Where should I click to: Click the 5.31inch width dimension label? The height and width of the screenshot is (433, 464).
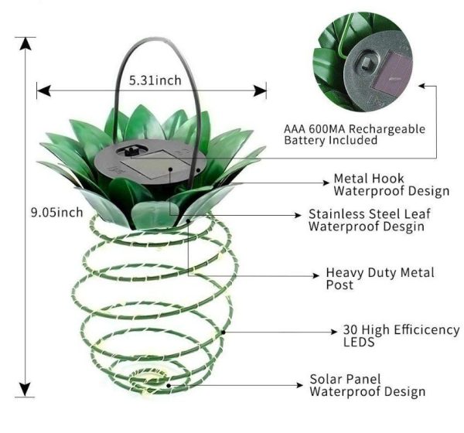[155, 80]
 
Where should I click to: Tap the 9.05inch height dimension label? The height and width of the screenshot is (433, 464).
[56, 212]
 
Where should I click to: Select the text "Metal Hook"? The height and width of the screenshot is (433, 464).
[369, 179]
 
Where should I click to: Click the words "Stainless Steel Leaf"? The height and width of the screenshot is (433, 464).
[370, 213]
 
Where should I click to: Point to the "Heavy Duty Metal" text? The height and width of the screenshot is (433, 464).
[380, 273]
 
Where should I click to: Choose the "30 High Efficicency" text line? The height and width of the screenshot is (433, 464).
[401, 329]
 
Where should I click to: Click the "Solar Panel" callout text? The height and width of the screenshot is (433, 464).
[346, 379]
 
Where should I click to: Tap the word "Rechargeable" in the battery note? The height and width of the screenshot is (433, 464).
[387, 129]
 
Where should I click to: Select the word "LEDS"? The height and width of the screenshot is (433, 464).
[359, 342]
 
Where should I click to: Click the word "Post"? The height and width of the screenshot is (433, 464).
[339, 285]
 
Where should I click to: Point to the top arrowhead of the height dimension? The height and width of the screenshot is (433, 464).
[26, 44]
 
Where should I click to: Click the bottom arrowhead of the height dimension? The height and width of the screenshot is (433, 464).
[26, 390]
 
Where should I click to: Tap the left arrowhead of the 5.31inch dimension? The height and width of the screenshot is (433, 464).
[43, 90]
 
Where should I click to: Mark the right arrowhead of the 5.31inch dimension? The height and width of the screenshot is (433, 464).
[260, 90]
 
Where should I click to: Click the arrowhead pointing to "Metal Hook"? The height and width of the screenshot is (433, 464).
[326, 182]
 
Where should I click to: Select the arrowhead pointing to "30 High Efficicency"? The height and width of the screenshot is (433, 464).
[334, 332]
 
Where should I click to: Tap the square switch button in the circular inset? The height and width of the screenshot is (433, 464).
[367, 63]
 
